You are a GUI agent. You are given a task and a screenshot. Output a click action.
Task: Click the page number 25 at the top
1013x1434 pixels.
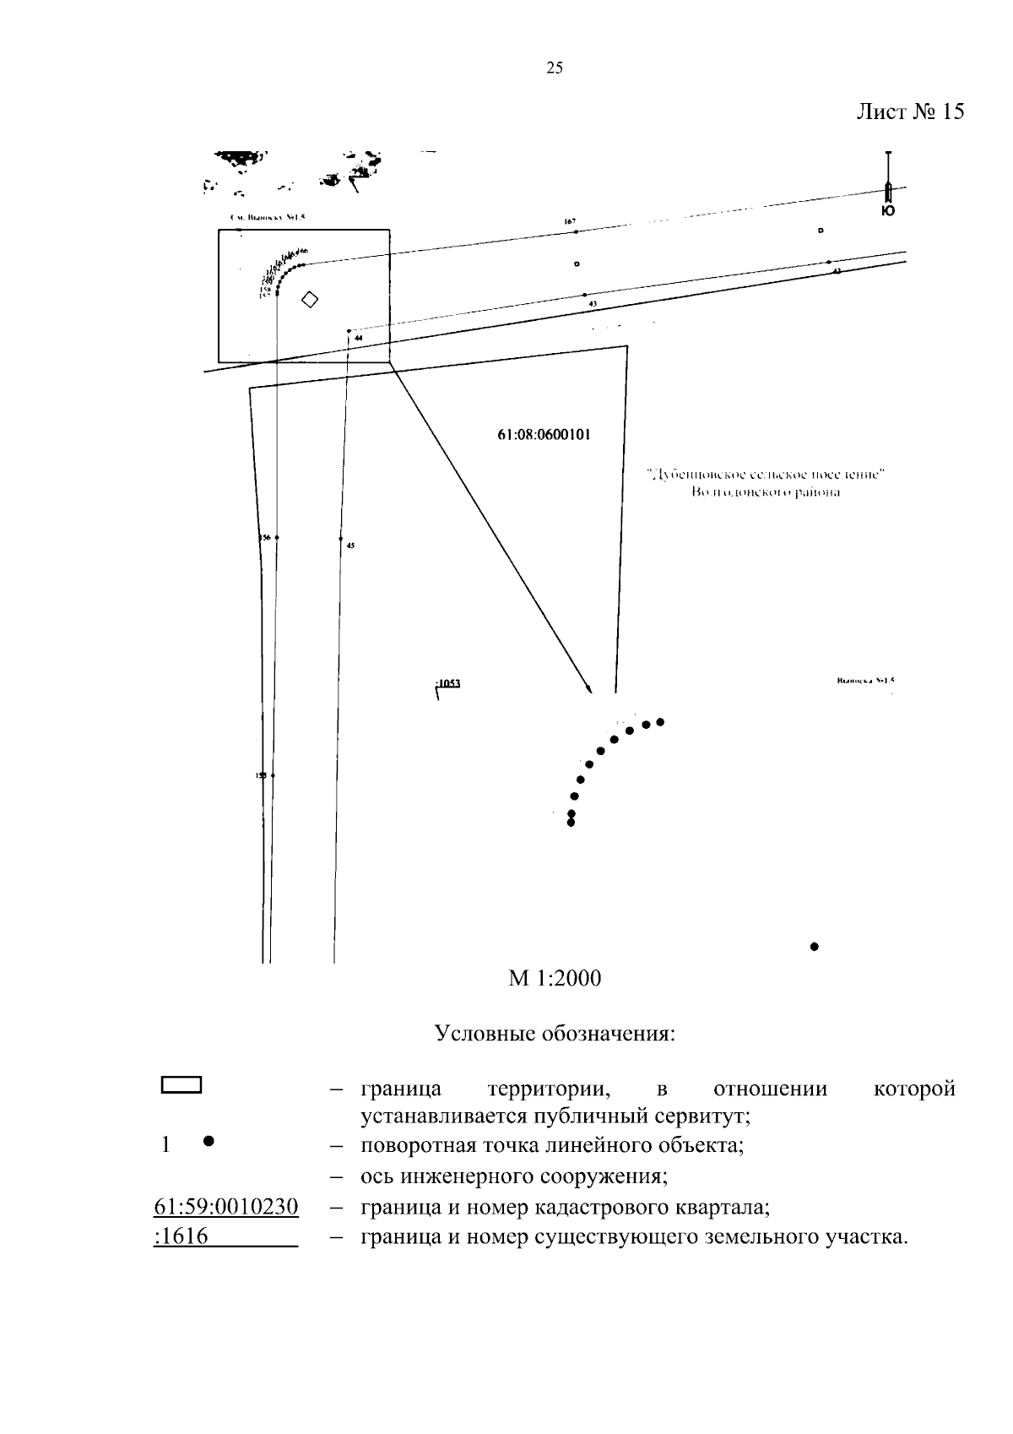tap(555, 68)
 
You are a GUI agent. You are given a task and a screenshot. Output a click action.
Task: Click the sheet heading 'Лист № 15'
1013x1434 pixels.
tap(910, 111)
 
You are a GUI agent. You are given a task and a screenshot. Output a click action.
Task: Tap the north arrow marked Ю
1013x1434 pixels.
tap(888, 190)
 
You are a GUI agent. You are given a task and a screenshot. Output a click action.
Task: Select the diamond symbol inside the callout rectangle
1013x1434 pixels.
tap(310, 299)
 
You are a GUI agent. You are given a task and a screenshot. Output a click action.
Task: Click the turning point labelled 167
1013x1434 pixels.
tap(576, 231)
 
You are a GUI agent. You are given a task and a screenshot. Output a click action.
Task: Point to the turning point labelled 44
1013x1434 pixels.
tap(349, 331)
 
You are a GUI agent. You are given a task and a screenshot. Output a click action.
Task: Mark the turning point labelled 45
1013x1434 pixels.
tap(340, 538)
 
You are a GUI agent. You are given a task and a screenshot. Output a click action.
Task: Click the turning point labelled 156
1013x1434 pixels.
tap(277, 537)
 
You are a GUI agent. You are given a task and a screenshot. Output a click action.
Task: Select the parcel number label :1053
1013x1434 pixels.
tap(448, 684)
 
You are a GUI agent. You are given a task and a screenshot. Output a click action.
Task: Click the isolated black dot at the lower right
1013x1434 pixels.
tap(815, 947)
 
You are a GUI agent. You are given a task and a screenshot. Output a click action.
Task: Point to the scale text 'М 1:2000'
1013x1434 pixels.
tap(555, 978)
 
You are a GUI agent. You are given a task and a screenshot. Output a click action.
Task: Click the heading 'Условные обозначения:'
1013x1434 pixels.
tap(555, 1034)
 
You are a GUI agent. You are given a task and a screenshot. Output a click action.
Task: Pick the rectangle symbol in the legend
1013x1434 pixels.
tap(181, 1085)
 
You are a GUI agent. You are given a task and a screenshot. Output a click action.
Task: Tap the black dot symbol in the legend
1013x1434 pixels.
tap(208, 1142)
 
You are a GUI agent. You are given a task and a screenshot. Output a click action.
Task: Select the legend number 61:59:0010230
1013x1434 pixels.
tap(226, 1207)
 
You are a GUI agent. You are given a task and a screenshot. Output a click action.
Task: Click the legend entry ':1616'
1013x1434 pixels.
tap(181, 1238)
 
